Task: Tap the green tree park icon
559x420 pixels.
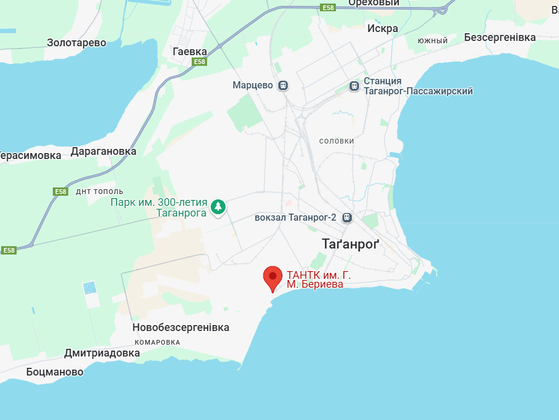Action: pyautogui.click(x=219, y=206)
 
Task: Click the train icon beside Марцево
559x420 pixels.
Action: pyautogui.click(x=284, y=85)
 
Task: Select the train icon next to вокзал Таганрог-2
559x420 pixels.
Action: pyautogui.click(x=347, y=218)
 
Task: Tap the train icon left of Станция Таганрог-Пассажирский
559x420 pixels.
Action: pyautogui.click(x=354, y=86)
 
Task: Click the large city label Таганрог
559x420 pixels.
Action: pyautogui.click(x=350, y=244)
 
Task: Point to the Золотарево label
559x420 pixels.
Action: pyautogui.click(x=77, y=43)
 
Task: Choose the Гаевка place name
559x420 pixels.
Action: pyautogui.click(x=189, y=52)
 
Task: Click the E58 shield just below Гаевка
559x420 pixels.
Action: pyautogui.click(x=199, y=62)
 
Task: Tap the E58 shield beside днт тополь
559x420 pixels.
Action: pyautogui.click(x=61, y=192)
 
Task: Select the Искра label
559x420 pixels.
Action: pyautogui.click(x=383, y=28)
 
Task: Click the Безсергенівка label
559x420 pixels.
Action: pyautogui.click(x=500, y=37)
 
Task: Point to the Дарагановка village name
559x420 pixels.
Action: pyautogui.click(x=103, y=151)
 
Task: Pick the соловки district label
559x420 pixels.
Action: pyautogui.click(x=336, y=141)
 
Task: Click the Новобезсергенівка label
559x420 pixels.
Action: pyautogui.click(x=180, y=327)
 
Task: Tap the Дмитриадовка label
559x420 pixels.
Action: pyautogui.click(x=102, y=354)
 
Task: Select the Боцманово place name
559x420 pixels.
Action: pyautogui.click(x=55, y=372)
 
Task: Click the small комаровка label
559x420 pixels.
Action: pyautogui.click(x=157, y=342)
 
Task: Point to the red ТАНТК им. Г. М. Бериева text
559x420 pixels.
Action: pyautogui.click(x=315, y=279)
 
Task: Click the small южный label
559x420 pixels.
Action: pyautogui.click(x=432, y=41)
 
